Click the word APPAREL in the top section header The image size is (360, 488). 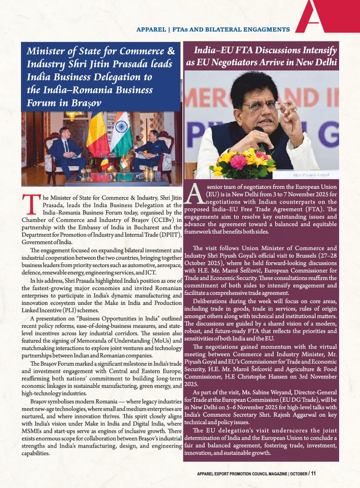coord(151,30)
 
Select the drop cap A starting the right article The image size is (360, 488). coord(195,194)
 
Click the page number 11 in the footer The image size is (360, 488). coord(313,473)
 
